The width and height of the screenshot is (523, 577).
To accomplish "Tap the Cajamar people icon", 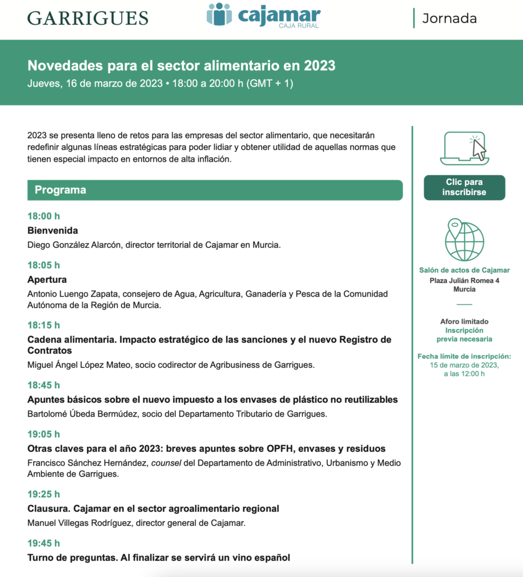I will [x=219, y=15].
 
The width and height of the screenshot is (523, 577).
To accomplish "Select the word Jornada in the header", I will [x=449, y=18].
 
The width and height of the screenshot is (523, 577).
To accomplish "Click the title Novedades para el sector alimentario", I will [x=181, y=66].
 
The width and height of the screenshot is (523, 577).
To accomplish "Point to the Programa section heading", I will [x=60, y=190].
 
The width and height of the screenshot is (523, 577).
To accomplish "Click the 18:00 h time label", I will [x=43, y=216].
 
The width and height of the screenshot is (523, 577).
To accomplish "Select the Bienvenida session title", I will [x=53, y=230].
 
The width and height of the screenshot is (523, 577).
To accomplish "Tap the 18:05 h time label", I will [x=43, y=265].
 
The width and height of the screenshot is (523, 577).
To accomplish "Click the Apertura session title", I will [x=47, y=279].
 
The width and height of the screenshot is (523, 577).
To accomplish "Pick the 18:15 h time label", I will [x=43, y=325].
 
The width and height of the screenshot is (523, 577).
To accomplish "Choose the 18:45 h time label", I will [x=43, y=385].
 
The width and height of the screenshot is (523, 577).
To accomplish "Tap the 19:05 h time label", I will [x=43, y=434].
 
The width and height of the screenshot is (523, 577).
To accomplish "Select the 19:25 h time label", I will [x=43, y=494].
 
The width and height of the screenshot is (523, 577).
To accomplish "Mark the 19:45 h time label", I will [x=43, y=543].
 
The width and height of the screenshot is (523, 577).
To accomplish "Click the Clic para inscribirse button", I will [x=464, y=188].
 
